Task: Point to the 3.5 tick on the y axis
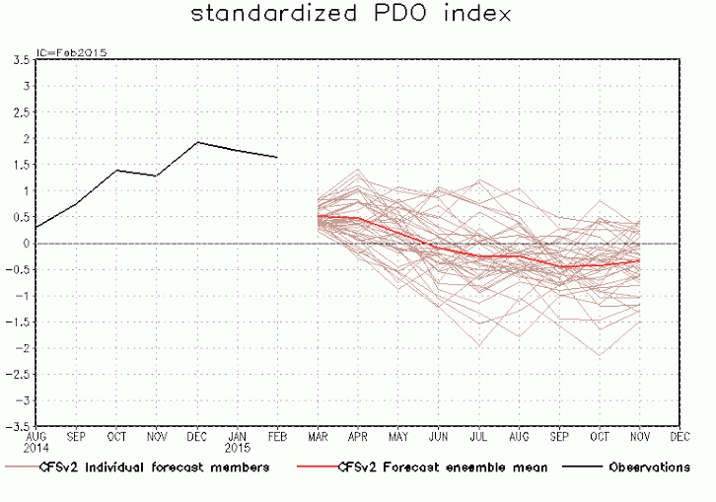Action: coord(19,60)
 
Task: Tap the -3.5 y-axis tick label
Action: coord(16,427)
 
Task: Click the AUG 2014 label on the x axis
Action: coord(36,440)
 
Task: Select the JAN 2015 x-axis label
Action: coord(237,440)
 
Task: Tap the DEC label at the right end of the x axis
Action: coord(680,435)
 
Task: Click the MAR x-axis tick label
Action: coord(318,435)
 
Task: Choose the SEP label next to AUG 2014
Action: coord(76,435)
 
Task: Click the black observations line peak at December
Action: coord(197,142)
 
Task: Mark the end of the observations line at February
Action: coord(277,157)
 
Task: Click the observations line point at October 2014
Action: coord(116,171)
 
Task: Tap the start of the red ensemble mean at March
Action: coord(318,216)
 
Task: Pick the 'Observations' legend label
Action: coord(649,467)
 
